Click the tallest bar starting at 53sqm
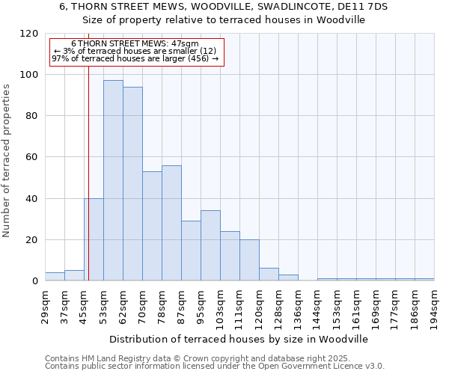coord(113,180)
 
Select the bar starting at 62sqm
coord(132,184)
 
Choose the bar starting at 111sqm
coord(249,260)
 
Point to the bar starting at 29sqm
coord(55,277)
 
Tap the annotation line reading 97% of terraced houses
coord(135,58)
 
